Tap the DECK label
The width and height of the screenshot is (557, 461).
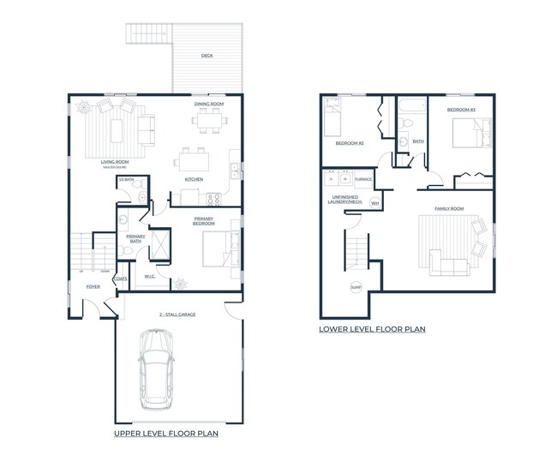207,56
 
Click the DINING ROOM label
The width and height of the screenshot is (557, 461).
208,104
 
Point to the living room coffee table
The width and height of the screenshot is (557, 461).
117,129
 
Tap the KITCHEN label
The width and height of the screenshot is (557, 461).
194,179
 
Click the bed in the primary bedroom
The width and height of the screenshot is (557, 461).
216,248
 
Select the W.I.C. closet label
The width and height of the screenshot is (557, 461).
148,276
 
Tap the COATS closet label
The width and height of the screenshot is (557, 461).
121,278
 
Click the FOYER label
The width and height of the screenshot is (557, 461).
93,287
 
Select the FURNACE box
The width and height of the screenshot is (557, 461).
362,179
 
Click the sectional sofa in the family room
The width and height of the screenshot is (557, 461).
451,264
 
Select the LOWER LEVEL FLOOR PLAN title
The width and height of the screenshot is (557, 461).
372,329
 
